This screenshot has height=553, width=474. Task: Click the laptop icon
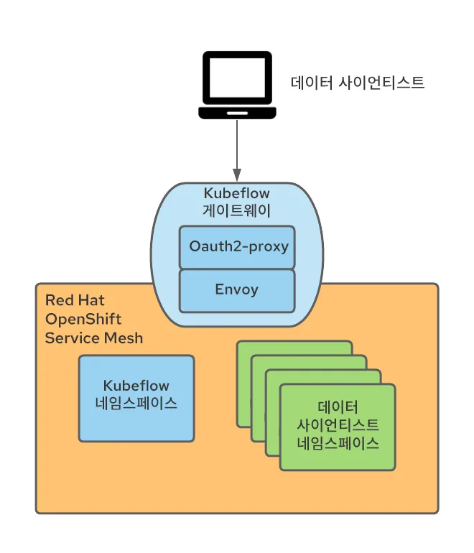point(237,84)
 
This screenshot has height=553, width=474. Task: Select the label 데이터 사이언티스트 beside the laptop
point(358,83)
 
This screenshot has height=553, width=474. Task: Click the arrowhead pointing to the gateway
point(237,174)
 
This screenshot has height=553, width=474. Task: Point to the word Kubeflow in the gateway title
point(236,193)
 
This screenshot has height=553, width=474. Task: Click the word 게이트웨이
point(236,210)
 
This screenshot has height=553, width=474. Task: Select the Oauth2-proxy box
point(237,247)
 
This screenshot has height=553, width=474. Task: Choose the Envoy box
point(237,291)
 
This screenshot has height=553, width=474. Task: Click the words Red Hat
point(75,300)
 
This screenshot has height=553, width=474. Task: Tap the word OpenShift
point(83,319)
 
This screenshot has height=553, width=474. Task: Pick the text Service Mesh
point(94,338)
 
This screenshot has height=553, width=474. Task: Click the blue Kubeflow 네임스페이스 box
point(136,399)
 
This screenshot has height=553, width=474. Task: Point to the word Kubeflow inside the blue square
point(136,386)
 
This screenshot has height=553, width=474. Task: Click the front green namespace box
point(338,427)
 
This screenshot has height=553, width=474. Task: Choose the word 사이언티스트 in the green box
point(338,424)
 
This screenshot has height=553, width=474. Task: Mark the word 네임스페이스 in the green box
point(338,442)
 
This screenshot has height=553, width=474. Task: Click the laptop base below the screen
point(237,113)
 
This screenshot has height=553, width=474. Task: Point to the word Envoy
point(237,291)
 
